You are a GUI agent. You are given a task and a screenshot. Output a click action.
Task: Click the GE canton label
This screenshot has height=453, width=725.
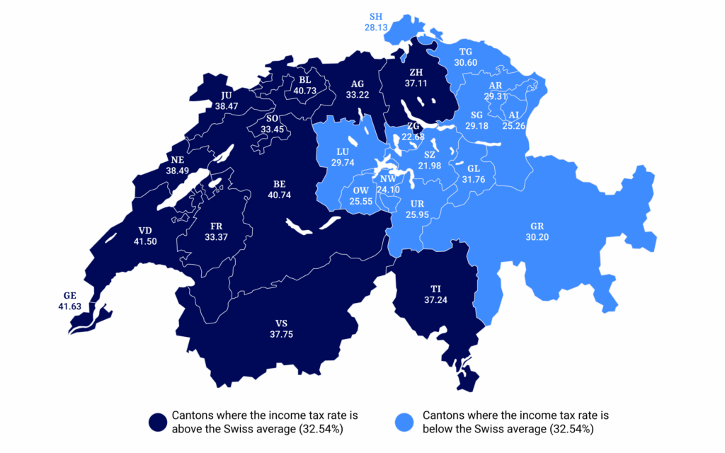69,296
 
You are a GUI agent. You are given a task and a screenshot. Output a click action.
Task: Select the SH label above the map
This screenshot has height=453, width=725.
376,16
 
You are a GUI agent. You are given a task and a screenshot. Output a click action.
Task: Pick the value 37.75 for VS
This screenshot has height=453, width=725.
281,335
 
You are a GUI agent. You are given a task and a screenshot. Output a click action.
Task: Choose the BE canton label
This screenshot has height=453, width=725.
280,184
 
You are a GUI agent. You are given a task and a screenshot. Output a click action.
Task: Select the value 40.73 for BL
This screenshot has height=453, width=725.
305,91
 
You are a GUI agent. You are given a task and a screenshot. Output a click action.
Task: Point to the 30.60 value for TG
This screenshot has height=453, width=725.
466,62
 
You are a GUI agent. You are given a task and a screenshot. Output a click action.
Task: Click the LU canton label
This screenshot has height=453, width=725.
343,151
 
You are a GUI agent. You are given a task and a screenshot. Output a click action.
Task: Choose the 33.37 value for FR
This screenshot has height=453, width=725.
217,236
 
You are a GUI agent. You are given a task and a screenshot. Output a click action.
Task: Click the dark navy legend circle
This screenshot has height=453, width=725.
158,422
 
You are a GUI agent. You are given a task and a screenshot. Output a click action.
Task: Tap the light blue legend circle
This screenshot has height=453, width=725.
407,422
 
